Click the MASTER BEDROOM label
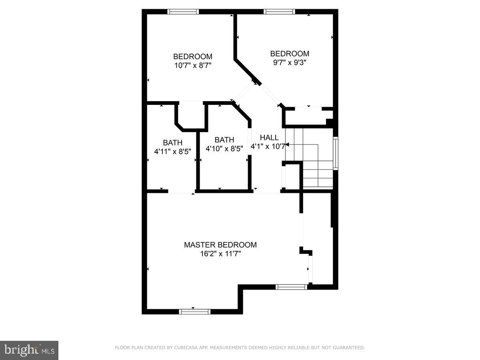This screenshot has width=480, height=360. (220, 245)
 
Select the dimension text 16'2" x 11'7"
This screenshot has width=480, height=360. (220, 254)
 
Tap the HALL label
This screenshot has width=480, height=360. (269, 138)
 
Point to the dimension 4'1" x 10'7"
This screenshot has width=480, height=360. (268, 147)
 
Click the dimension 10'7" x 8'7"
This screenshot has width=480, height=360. (192, 65)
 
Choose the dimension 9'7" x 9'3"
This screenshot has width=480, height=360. (290, 62)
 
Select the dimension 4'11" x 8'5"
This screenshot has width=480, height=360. (172, 152)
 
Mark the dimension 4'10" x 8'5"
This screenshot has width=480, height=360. (224, 149)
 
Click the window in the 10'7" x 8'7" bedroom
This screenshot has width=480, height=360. (183, 12)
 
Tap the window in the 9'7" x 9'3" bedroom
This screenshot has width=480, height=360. (280, 12)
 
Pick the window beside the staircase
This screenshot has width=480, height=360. (336, 154)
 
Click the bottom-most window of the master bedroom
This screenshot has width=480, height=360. (194, 311)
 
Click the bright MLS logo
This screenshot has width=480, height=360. (29, 350)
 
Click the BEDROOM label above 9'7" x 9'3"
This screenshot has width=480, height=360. (290, 54)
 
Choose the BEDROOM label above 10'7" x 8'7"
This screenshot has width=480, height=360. (192, 56)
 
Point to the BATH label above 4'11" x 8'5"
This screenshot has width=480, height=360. (172, 143)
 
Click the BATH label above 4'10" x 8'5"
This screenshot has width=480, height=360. (224, 140)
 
